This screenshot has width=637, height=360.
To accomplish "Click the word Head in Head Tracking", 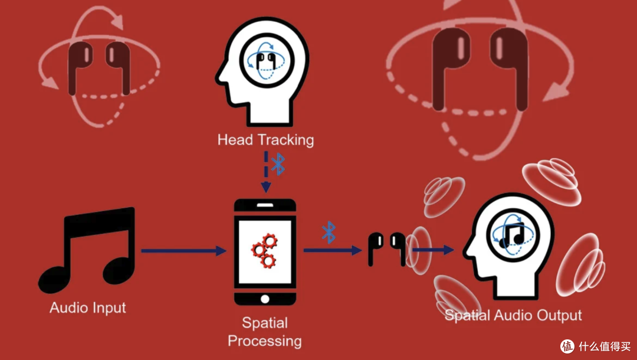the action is [x=229, y=140].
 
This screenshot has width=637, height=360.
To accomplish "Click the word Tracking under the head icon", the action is [x=280, y=140].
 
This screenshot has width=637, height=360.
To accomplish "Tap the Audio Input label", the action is [x=88, y=307].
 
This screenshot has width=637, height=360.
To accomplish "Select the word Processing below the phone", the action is [x=264, y=341].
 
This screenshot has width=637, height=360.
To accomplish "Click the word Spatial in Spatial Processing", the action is [x=265, y=323].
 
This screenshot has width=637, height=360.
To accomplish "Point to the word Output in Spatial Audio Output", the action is [x=559, y=315].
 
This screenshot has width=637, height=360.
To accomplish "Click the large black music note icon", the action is [x=87, y=250].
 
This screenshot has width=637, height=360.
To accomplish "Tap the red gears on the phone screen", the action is [x=264, y=250].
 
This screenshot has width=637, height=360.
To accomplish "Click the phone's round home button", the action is [x=265, y=299].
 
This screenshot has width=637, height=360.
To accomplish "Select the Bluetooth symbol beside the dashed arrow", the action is [x=278, y=164].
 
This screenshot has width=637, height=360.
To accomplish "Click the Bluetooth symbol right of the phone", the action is [x=329, y=233].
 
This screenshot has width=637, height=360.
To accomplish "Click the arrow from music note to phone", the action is [x=183, y=251].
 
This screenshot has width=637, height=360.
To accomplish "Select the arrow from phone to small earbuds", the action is [x=332, y=250].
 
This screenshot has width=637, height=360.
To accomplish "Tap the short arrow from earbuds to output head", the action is [x=433, y=250].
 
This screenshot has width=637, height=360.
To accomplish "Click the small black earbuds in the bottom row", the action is [x=387, y=249].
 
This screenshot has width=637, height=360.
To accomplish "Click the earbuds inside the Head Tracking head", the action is [x=265, y=60].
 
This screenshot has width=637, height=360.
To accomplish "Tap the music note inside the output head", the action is [x=512, y=235].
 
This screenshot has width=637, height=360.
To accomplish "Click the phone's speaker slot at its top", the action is [x=265, y=205].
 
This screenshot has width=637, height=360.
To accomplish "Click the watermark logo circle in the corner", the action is [x=567, y=346].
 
